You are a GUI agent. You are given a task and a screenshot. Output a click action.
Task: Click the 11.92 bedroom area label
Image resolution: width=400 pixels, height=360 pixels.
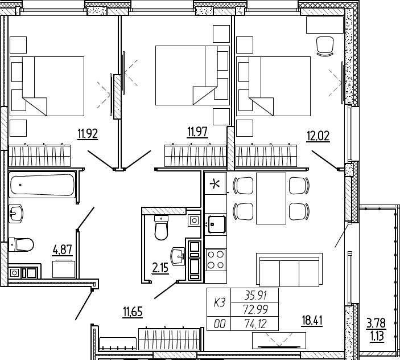88,134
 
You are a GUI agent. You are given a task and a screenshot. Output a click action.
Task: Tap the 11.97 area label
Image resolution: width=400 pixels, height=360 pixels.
197,133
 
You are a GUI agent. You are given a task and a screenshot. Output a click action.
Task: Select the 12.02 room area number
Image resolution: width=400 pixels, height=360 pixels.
318,136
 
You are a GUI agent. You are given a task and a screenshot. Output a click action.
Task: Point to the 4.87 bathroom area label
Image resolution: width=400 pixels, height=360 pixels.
63,249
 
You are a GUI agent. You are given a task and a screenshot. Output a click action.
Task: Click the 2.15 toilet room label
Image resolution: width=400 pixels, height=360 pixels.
160,268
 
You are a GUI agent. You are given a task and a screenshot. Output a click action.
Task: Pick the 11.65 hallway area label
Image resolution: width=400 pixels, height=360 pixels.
133,312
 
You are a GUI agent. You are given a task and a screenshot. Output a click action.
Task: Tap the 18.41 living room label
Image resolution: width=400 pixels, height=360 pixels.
312,320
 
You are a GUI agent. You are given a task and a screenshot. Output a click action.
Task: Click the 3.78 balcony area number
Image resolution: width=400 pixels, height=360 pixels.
376,323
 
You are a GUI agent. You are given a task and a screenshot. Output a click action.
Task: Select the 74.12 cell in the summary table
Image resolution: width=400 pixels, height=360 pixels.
255,324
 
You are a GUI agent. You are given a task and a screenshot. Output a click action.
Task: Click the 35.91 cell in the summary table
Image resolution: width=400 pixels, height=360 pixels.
255,296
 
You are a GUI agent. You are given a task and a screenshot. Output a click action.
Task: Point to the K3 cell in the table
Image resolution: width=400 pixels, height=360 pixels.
220,303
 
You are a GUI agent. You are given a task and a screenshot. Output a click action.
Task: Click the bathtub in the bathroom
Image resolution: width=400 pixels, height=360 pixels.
42,185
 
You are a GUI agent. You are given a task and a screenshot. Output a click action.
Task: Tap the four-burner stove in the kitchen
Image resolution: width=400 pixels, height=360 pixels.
216,260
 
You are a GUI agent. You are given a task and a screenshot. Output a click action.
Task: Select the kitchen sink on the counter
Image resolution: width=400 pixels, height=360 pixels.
217,224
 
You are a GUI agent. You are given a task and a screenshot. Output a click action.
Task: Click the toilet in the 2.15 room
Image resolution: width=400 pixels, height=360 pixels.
161,228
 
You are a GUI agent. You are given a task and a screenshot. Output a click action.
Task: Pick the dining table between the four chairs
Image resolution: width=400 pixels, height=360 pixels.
271,198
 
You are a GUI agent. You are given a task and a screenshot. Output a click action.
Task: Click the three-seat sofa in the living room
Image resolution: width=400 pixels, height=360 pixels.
289,270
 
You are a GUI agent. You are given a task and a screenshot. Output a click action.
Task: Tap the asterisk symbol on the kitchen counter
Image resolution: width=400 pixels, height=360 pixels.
215,184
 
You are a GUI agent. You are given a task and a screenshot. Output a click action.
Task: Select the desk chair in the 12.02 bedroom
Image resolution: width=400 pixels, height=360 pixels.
325,46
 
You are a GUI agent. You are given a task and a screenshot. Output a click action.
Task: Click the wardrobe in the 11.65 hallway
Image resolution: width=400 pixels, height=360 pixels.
169,339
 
